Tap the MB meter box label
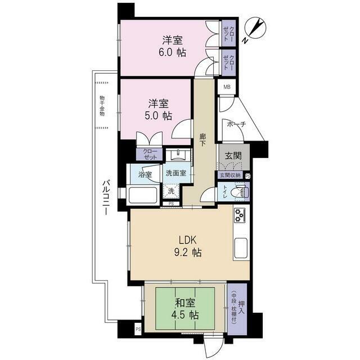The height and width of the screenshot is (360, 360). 227,87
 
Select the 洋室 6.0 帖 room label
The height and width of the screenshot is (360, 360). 173,46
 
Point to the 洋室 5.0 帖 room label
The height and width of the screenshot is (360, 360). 158,110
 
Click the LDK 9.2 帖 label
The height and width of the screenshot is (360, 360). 188,246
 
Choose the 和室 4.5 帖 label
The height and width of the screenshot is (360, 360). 185,309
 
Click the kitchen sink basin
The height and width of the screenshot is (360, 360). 241,248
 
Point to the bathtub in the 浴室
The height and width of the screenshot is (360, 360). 142,195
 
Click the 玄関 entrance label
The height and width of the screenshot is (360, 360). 233,156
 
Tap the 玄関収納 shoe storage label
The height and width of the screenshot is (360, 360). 230,175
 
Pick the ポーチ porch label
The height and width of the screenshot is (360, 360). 236,124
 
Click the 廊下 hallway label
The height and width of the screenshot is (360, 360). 202,140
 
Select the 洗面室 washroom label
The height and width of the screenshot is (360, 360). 176,173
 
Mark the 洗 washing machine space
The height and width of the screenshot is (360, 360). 171,191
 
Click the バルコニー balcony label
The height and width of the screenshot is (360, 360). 106,197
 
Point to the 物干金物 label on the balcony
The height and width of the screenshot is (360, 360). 102,106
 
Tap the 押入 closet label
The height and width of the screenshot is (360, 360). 241,308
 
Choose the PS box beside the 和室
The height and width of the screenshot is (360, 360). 138,329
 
